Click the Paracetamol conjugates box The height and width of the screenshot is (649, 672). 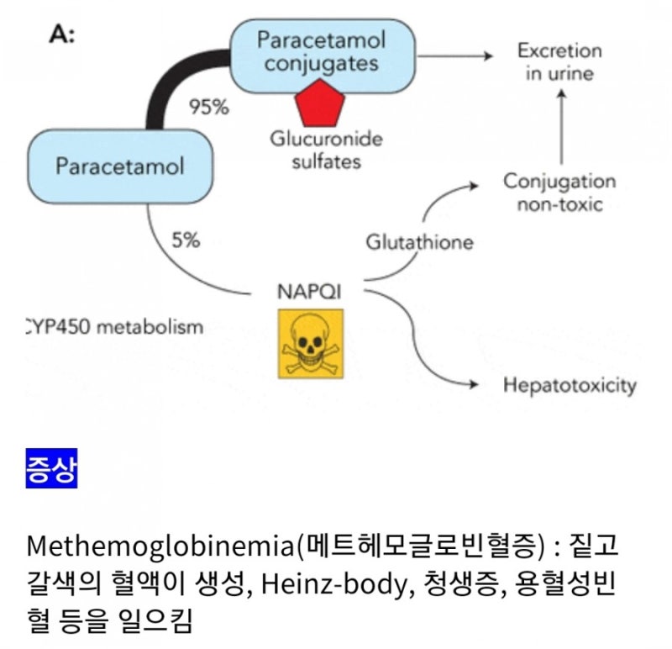(x=323, y=55)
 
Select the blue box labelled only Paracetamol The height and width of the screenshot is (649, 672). (x=120, y=166)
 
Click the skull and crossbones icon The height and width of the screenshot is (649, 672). (x=311, y=344)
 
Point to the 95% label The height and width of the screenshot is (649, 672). (x=209, y=107)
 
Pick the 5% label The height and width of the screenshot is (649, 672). (x=186, y=240)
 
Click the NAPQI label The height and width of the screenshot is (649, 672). (x=309, y=292)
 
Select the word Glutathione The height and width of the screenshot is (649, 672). (x=419, y=242)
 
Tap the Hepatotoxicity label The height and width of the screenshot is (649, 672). (x=570, y=386)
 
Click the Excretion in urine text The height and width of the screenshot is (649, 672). (x=559, y=61)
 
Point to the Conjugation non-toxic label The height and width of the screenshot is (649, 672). (x=559, y=193)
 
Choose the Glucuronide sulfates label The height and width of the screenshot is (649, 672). (x=326, y=150)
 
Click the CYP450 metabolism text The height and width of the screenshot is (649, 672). (x=115, y=327)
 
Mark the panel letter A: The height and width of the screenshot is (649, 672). (x=62, y=34)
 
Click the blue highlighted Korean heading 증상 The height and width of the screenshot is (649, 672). (x=51, y=468)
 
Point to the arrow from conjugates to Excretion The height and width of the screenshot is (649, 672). (x=454, y=55)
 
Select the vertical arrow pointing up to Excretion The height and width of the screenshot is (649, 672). (x=561, y=127)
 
